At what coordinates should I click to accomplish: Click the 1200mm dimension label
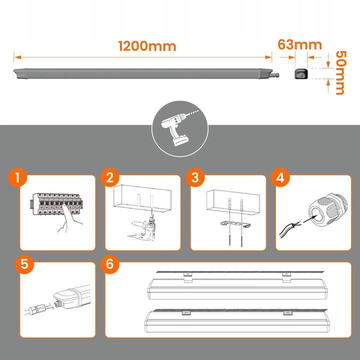(147, 46)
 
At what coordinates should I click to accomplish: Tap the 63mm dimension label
(299, 44)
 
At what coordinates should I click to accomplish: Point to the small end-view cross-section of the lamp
(300, 74)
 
